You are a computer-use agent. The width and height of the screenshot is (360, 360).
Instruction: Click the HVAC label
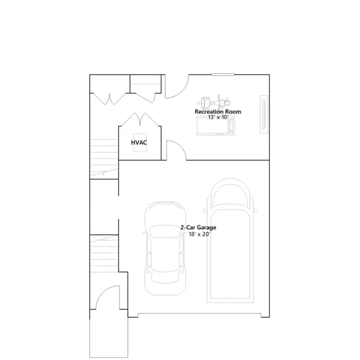click(x=139, y=142)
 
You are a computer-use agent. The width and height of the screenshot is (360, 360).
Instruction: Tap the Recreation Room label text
click(x=218, y=112)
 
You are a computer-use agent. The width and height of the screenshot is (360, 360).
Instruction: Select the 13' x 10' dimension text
click(x=218, y=118)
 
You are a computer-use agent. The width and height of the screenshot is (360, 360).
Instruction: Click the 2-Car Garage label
click(x=198, y=227)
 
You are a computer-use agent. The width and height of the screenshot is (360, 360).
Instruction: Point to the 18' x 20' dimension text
click(x=200, y=234)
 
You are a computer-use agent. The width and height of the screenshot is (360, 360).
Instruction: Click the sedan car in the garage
click(x=165, y=249)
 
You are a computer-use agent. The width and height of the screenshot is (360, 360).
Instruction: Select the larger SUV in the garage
click(x=230, y=241)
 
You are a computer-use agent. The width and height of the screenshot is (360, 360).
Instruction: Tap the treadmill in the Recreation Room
click(x=216, y=125)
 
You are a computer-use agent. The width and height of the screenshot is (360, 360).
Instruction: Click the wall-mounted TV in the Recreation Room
click(x=264, y=114)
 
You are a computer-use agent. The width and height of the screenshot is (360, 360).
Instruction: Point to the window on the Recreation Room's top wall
click(x=223, y=74)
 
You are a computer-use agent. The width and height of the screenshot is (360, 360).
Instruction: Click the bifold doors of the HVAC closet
click(x=140, y=119)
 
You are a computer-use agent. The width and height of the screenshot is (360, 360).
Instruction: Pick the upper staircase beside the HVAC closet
click(x=103, y=159)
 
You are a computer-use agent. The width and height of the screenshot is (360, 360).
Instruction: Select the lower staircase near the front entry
click(x=104, y=254)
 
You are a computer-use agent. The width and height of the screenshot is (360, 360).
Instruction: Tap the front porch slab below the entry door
click(x=109, y=334)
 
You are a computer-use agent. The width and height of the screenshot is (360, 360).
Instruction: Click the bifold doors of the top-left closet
click(x=110, y=99)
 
